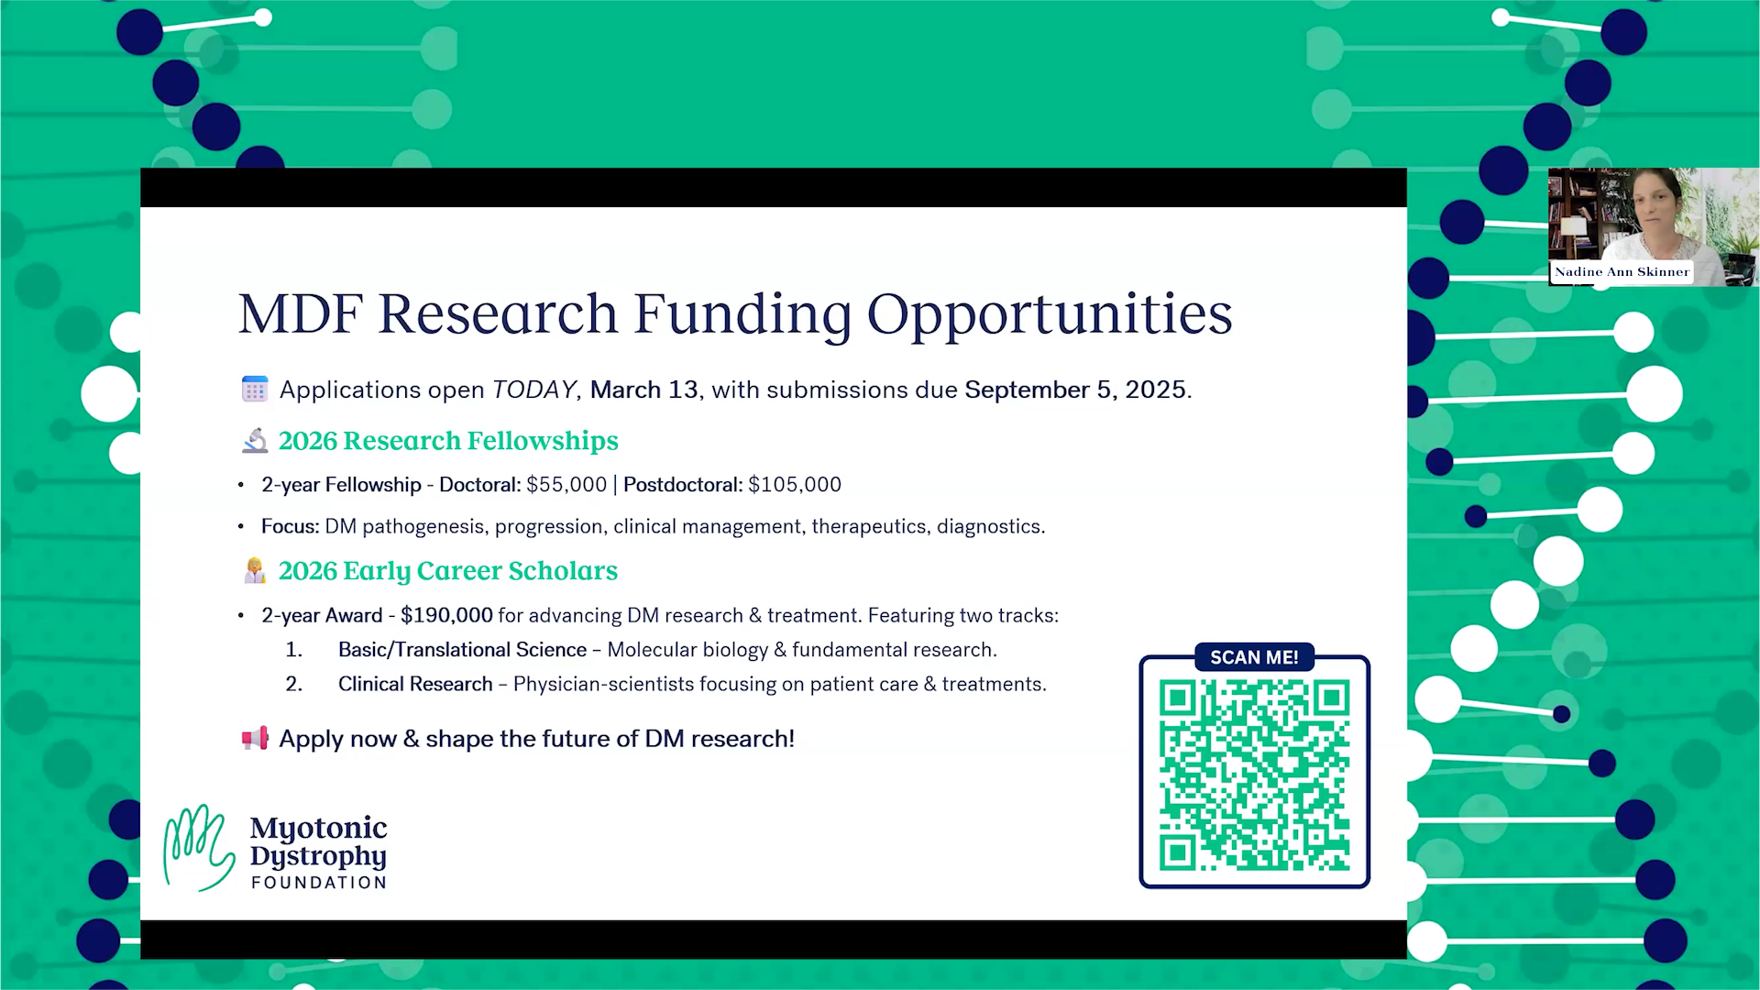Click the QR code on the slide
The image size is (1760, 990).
tap(1254, 775)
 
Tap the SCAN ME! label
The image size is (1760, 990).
tap(1254, 657)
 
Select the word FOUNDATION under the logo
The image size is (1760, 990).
tap(319, 883)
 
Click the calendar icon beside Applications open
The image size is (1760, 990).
tap(255, 389)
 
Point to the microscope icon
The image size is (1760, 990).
tap(255, 441)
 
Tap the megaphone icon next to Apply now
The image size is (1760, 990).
tap(255, 738)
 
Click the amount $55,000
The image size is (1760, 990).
tap(566, 485)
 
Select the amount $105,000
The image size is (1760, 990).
tap(795, 485)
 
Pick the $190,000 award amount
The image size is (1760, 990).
tap(446, 615)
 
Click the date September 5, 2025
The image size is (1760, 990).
tap(1076, 390)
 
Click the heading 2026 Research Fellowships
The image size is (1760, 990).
tap(448, 441)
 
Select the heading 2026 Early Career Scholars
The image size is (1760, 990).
tap(448, 571)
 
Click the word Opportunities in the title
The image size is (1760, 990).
tap(1050, 314)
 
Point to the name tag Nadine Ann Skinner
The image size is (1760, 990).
tap(1622, 272)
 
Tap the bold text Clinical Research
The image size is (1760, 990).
tap(415, 685)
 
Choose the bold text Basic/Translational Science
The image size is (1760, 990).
tap(462, 650)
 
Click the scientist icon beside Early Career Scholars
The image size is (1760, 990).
tap(255, 570)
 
